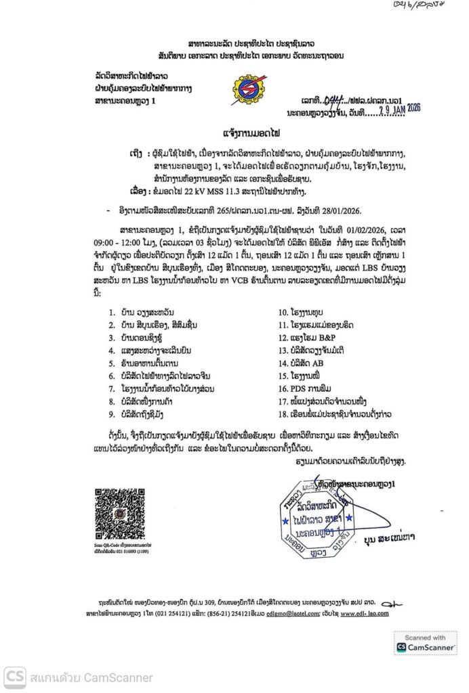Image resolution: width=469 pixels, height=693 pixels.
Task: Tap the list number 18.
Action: click(281, 411)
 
